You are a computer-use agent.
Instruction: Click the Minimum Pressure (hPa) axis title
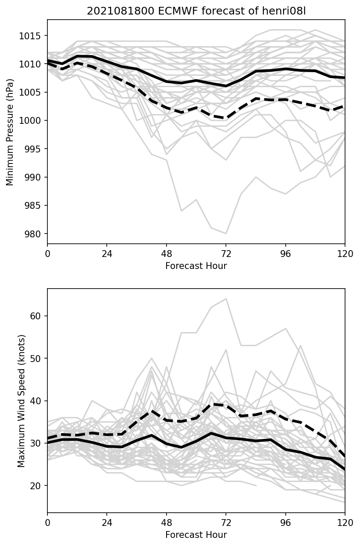point(10,132)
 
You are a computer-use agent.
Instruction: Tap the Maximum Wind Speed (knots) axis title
point(21,400)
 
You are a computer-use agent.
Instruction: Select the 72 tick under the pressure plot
point(226,254)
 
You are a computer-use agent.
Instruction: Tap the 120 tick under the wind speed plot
point(345,522)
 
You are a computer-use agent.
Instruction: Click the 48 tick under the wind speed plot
point(167,522)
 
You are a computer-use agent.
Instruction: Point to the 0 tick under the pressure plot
point(47,254)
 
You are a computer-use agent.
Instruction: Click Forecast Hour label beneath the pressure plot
point(196,266)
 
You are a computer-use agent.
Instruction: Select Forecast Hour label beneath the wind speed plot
point(196,534)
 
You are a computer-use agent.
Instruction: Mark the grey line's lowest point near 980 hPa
point(226,234)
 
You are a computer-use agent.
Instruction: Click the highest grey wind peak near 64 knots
point(226,299)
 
